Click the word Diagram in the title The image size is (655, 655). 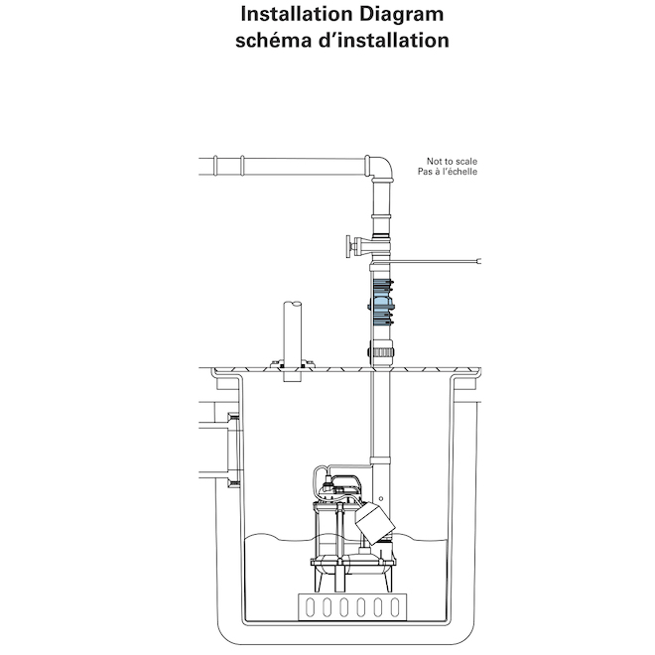click(x=402, y=14)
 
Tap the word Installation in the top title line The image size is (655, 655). click(x=297, y=14)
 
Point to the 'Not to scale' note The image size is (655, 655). click(x=452, y=161)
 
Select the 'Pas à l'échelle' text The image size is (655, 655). click(x=447, y=172)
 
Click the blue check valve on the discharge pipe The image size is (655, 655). click(x=381, y=303)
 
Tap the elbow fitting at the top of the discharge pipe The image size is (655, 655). click(x=379, y=167)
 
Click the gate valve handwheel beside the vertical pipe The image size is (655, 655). click(x=348, y=246)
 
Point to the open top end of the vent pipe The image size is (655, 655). click(x=293, y=304)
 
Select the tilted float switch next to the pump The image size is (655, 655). click(x=375, y=523)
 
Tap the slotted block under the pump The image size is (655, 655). click(x=352, y=607)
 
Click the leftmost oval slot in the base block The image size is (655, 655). click(x=310, y=607)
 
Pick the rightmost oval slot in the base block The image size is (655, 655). click(x=395, y=607)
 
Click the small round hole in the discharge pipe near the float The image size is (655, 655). click(x=380, y=499)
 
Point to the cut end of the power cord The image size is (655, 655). click(x=479, y=261)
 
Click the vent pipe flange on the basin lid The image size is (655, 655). click(x=293, y=364)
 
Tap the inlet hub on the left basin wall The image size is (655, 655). click(x=235, y=450)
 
